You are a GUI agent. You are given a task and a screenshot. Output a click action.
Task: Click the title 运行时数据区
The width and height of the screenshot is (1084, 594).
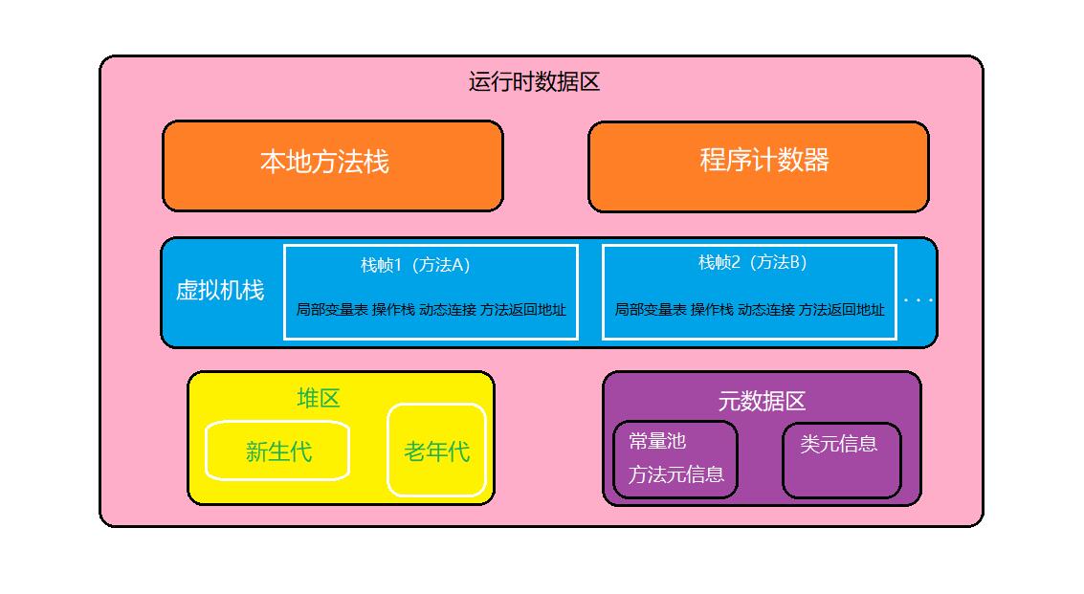coord(534,81)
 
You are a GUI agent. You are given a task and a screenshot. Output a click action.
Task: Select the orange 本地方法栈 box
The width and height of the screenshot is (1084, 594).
coord(332,165)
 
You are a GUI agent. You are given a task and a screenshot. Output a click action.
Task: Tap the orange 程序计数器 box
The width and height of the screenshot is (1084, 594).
coord(758,165)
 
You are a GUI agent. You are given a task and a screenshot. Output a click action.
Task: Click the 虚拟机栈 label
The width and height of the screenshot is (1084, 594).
coord(220,290)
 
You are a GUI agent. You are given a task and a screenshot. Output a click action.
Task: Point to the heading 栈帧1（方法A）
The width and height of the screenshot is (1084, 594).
coord(415,265)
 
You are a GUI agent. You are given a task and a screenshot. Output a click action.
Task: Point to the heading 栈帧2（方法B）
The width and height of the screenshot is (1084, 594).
coord(752,262)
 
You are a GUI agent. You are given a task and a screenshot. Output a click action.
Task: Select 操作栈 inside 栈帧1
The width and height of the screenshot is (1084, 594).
coord(393,310)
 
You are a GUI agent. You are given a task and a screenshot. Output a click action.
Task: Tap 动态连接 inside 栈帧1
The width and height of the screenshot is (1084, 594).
coord(447,310)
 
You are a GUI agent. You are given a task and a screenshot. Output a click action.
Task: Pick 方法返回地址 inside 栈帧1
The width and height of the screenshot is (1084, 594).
coord(522,310)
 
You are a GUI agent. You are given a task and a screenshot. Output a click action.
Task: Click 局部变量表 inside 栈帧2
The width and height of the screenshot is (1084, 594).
coord(651,310)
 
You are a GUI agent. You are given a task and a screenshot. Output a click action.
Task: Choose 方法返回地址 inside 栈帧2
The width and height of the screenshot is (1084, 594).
coord(841,310)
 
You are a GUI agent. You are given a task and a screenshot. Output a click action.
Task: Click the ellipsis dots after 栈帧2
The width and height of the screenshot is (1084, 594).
coord(918,300)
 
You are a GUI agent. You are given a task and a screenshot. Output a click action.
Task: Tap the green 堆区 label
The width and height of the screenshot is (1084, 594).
coord(318,398)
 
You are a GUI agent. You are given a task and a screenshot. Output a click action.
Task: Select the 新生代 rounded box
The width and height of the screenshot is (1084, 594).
coord(277,451)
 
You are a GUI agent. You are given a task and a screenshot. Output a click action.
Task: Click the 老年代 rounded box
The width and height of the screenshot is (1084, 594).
coord(436,451)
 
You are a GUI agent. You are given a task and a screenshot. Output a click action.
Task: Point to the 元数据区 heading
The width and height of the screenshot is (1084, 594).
coord(762,401)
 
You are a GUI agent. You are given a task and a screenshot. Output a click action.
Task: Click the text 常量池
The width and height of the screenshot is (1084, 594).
coord(657,441)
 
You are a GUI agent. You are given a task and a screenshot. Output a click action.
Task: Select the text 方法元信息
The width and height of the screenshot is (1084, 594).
coord(676,474)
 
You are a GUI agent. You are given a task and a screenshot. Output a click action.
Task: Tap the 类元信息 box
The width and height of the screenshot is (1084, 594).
coord(841,460)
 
